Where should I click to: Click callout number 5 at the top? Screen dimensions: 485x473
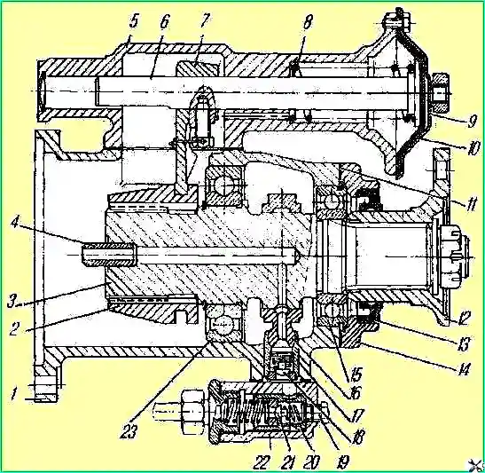(x=133, y=23)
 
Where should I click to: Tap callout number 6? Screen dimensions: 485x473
(x=165, y=23)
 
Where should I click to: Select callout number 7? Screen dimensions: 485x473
(x=204, y=21)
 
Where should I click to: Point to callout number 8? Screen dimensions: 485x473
(x=307, y=21)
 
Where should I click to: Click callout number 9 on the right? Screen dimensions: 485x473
(x=472, y=121)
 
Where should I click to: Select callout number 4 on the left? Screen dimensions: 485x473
(x=13, y=224)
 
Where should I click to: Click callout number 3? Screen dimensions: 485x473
(x=12, y=302)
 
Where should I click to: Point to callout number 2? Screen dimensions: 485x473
(x=13, y=328)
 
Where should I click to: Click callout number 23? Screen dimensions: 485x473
(x=129, y=430)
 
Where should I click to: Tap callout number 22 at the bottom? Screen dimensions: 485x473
(x=262, y=462)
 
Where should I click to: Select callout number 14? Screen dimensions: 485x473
(x=463, y=368)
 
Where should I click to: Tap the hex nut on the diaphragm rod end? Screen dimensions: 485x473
(x=439, y=92)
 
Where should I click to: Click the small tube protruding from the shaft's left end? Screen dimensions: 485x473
(x=108, y=255)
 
